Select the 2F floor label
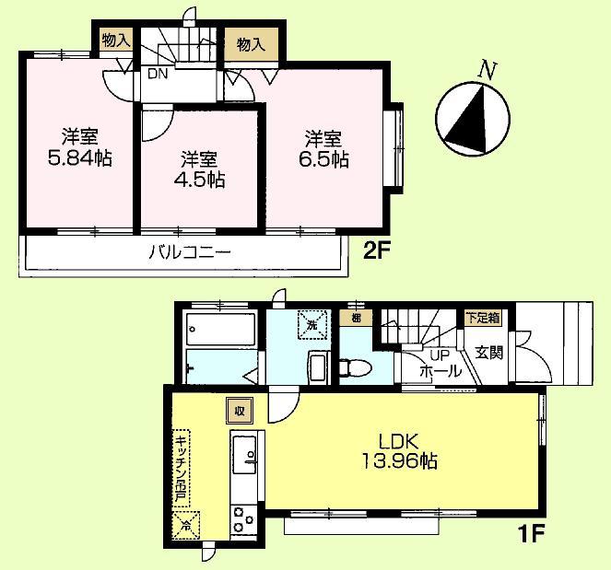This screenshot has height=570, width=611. tap(374, 251)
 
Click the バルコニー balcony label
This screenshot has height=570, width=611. tap(189, 251)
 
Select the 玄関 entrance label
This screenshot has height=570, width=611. tap(489, 352)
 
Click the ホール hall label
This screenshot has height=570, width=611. tap(440, 371)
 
